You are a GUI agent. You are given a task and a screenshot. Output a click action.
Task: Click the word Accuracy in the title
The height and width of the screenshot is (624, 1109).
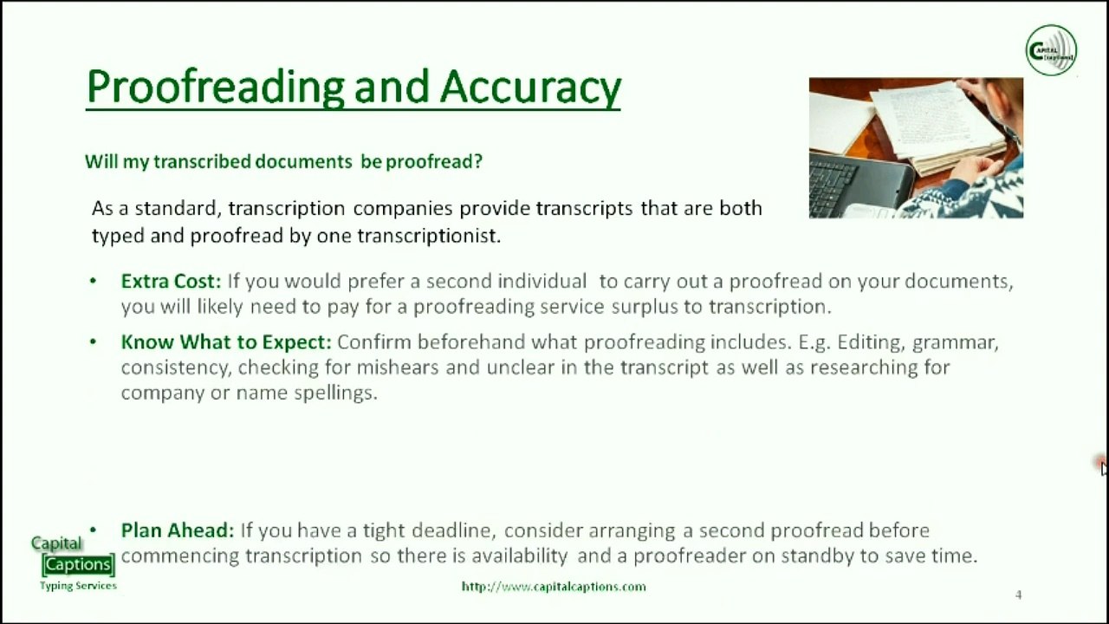click(x=530, y=87)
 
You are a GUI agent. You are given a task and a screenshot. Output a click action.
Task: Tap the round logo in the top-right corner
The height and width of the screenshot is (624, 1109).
click(x=1051, y=50)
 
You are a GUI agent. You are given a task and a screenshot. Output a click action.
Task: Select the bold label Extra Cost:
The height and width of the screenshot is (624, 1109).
click(x=171, y=282)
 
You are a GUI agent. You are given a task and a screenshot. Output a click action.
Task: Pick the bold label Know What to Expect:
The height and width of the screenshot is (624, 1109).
click(x=226, y=342)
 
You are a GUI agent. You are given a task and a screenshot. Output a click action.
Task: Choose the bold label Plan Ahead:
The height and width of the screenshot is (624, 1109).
click(x=178, y=530)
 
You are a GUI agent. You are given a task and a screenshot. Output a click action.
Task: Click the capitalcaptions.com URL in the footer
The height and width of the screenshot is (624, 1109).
click(x=554, y=587)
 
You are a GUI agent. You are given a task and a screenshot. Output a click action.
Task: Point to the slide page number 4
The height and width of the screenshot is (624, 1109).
click(x=1018, y=595)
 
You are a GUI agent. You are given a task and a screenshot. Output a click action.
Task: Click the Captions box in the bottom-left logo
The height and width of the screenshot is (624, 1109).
click(x=78, y=565)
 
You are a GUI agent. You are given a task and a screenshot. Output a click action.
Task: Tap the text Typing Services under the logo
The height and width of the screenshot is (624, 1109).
click(x=78, y=586)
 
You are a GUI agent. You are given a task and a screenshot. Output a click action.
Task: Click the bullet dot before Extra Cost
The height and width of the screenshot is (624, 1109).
click(x=94, y=282)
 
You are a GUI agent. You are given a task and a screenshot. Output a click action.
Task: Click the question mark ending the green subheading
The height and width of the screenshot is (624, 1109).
click(x=477, y=162)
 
